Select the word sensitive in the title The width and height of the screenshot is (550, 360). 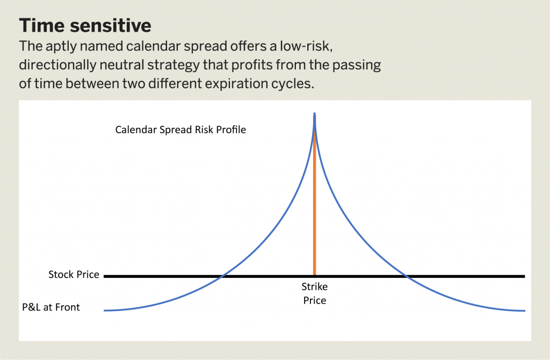tap(110, 25)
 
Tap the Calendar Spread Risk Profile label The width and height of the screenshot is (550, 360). tap(180, 130)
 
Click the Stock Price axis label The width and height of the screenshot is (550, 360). tap(74, 275)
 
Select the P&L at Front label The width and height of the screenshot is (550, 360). tap(51, 307)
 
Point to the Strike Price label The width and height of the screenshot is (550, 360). tap(315, 293)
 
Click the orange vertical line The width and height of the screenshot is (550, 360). tap(314, 197)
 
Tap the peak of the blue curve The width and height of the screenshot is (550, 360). tap(314, 113)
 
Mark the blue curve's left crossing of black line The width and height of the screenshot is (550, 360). tap(222, 276)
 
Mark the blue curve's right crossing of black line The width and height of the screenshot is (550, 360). tap(407, 276)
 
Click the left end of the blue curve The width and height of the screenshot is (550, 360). tap(104, 311)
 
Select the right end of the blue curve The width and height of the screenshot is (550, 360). tap(525, 311)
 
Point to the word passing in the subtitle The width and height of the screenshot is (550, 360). tap(357, 65)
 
